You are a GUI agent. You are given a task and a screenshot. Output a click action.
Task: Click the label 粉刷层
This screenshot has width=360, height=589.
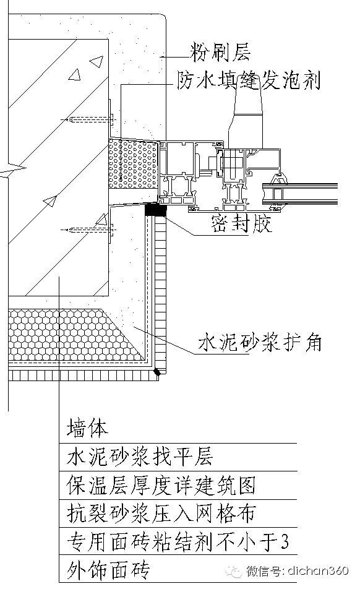coord(220,52)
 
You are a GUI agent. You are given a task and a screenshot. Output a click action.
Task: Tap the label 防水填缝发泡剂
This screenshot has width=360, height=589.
coord(249,80)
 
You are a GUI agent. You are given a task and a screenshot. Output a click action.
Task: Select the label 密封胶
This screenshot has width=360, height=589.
coord(241,224)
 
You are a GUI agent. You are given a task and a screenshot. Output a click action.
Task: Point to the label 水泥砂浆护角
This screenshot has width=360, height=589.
coord(260,342)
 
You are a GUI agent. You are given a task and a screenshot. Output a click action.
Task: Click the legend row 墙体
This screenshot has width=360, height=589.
coord(87,428)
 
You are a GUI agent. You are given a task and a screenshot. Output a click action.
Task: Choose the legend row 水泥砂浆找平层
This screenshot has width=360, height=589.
coord(140,457)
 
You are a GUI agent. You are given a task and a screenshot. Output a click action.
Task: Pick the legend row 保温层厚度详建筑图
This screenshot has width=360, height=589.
coord(161,485)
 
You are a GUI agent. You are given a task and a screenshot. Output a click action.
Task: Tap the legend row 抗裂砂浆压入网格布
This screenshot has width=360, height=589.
coord(161,513)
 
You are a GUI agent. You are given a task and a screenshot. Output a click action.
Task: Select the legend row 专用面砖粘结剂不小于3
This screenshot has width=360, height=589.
coord(178,542)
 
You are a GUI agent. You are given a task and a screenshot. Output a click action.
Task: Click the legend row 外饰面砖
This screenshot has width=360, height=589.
coord(108,570)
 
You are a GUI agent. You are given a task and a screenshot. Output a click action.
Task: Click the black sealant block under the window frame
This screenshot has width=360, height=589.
coord(155,209)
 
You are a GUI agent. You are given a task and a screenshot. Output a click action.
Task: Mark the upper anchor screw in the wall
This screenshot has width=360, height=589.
coord(88,119)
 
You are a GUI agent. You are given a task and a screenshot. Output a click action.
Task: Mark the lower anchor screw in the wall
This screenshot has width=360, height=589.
coord(88,230)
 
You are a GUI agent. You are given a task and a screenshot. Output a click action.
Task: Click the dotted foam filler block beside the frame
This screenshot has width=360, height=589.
coord(133,164)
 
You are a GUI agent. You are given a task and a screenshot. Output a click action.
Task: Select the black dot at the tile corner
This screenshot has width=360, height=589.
coord(157,372)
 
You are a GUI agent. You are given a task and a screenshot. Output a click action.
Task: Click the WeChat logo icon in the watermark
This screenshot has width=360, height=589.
coord(233,572)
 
